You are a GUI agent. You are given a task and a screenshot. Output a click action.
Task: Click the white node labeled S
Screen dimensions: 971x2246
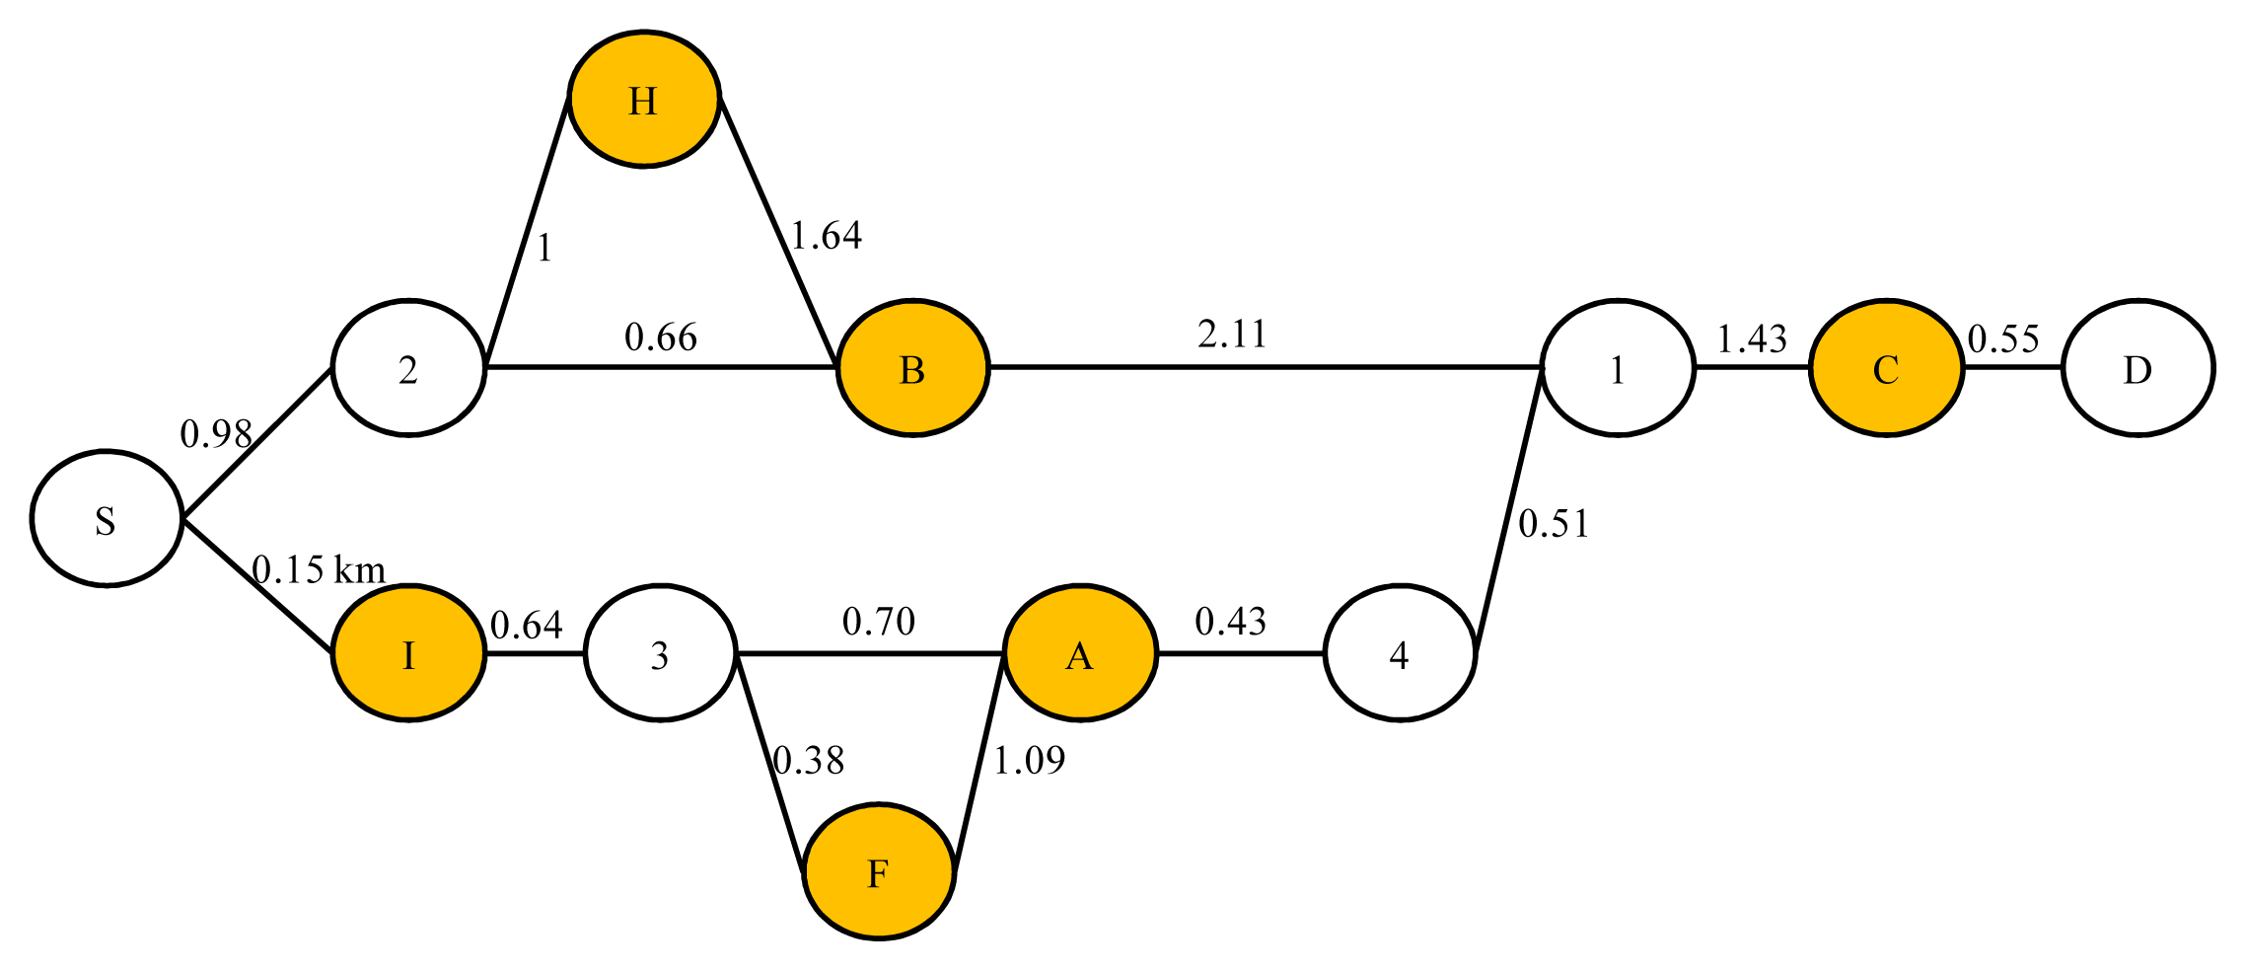pos(107,519)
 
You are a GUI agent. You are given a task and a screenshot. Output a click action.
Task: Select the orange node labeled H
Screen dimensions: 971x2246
pos(644,100)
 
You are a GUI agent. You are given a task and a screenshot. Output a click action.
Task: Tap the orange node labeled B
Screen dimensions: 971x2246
pos(912,368)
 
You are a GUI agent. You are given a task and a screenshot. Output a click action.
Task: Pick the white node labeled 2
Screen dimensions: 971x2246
pos(408,368)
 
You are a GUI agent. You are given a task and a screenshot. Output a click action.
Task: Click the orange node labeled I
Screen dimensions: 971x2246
pos(408,654)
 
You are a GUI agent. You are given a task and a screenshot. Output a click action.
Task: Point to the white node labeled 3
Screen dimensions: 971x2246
pos(660,654)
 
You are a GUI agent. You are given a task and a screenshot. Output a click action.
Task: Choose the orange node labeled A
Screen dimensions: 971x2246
pos(1080,654)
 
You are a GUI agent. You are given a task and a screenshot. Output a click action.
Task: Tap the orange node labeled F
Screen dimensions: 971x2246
pos(878,872)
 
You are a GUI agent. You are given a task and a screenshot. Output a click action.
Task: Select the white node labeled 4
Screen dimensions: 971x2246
pos(1399,654)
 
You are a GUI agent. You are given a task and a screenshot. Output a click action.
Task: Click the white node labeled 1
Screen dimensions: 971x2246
pos(1617,368)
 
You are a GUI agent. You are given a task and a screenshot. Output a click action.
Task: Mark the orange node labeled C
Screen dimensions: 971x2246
pos(1885,368)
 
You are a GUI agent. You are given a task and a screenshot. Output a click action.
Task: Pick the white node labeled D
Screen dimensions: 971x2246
pos(2137,368)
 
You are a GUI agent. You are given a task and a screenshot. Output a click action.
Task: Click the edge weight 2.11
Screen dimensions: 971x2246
pos(1232,336)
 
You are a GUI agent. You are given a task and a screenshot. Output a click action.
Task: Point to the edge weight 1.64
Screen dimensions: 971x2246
pos(827,236)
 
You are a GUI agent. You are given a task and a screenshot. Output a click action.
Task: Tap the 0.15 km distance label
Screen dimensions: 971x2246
pos(318,569)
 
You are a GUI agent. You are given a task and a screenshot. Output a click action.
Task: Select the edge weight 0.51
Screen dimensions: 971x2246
pos(1554,524)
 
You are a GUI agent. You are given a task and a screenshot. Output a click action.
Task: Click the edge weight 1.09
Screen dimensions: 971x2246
pos(1029,761)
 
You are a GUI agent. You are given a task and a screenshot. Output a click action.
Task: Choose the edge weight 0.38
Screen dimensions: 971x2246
pos(808,761)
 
